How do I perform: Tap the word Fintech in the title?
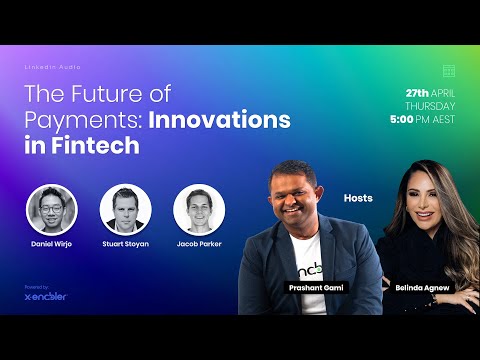click(97, 146)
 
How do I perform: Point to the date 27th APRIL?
click(423, 92)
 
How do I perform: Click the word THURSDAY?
click(430, 105)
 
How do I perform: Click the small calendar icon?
click(449, 70)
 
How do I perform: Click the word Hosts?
click(357, 198)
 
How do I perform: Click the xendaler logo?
click(46, 296)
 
